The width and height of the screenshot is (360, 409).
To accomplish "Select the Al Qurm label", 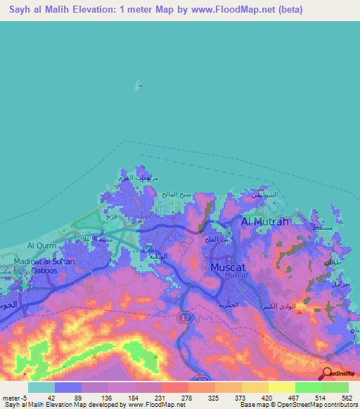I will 40,245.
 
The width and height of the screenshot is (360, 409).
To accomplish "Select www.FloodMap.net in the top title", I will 232,9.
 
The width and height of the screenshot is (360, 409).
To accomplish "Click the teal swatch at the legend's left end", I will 41,387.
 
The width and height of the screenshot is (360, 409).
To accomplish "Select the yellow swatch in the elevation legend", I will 281,387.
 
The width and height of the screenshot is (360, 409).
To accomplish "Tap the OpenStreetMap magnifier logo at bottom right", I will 328,373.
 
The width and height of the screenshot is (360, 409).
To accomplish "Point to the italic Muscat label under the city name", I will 235,275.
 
